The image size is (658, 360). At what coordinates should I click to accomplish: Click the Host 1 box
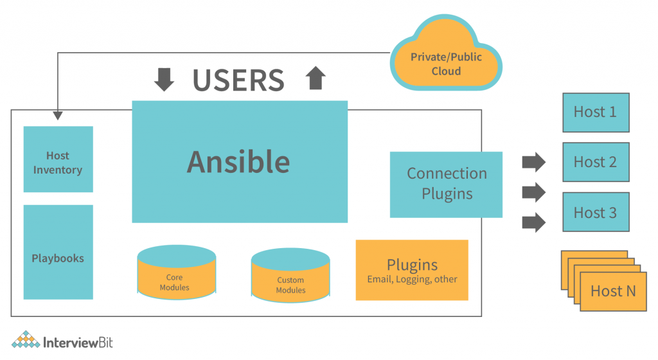pyautogui.click(x=596, y=113)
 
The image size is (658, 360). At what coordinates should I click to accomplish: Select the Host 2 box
pyautogui.click(x=596, y=162)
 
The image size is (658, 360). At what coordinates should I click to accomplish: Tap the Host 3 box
pyautogui.click(x=596, y=212)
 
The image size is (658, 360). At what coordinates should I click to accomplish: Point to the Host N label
pyautogui.click(x=612, y=291)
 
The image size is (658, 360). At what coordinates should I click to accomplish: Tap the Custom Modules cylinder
pyautogui.click(x=290, y=276)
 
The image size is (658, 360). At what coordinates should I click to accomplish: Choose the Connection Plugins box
pyautogui.click(x=446, y=184)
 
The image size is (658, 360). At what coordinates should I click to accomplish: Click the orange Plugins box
pyautogui.click(x=412, y=270)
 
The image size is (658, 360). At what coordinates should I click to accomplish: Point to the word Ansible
pyautogui.click(x=238, y=161)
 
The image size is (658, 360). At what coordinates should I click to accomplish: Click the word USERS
pyautogui.click(x=238, y=80)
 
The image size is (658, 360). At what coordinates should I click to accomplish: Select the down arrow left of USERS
pyautogui.click(x=164, y=79)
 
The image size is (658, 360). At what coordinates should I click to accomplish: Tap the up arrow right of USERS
pyautogui.click(x=316, y=78)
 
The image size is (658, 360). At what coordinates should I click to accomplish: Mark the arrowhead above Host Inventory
pyautogui.click(x=58, y=115)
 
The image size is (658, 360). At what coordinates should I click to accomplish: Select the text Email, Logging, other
pyautogui.click(x=412, y=279)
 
